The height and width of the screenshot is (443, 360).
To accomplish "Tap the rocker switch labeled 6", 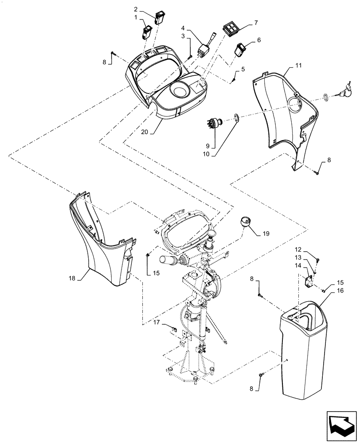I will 242,48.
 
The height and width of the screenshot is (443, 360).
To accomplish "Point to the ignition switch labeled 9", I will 215,123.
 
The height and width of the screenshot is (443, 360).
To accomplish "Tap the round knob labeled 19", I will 245,221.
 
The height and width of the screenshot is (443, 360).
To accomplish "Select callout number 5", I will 243,70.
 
